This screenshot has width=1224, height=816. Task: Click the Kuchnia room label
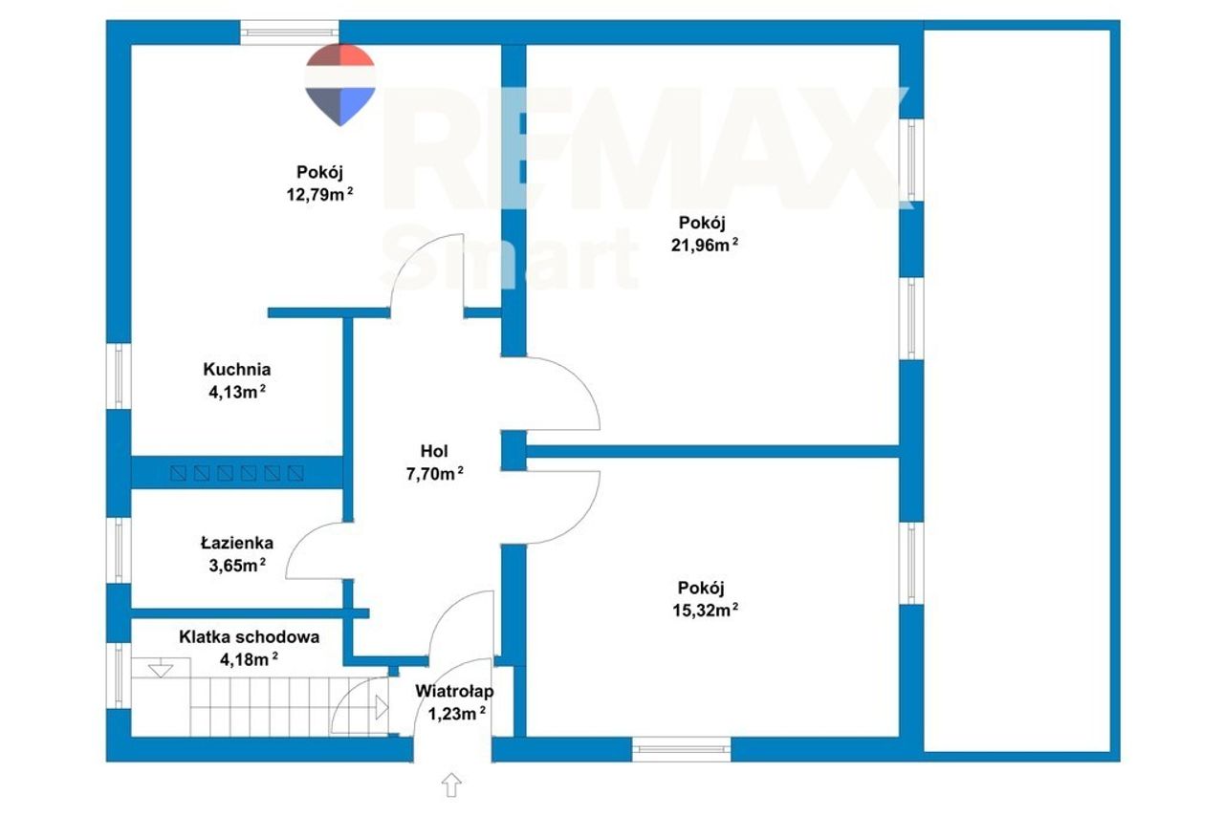[236, 369]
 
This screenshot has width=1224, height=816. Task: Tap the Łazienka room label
[236, 543]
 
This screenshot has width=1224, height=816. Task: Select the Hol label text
[434, 451]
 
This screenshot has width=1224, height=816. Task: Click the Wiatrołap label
[454, 691]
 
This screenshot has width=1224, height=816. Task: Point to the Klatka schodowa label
[250, 637]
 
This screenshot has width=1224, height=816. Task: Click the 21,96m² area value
[705, 246]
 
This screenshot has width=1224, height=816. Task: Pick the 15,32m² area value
[705, 610]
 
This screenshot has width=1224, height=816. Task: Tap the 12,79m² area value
[319, 194]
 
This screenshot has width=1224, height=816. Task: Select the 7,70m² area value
[434, 474]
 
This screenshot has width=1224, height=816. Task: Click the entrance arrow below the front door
[451, 784]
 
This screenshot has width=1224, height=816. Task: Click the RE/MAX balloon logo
[339, 85]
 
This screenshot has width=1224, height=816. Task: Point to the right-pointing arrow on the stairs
[382, 708]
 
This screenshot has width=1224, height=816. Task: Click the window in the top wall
[290, 32]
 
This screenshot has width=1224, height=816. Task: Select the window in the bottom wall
[682, 749]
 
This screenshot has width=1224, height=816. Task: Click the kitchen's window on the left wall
[119, 376]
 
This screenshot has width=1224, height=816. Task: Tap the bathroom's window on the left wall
[119, 550]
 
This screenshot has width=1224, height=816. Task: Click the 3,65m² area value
[236, 566]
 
